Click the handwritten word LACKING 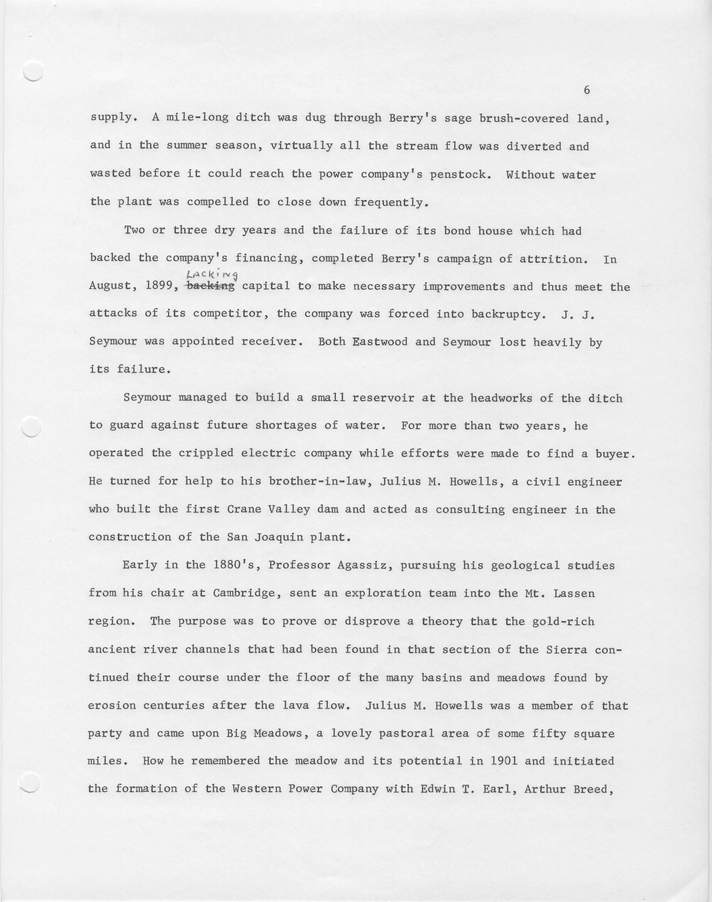212,274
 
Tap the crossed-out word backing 211,287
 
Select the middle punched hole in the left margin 31,427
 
